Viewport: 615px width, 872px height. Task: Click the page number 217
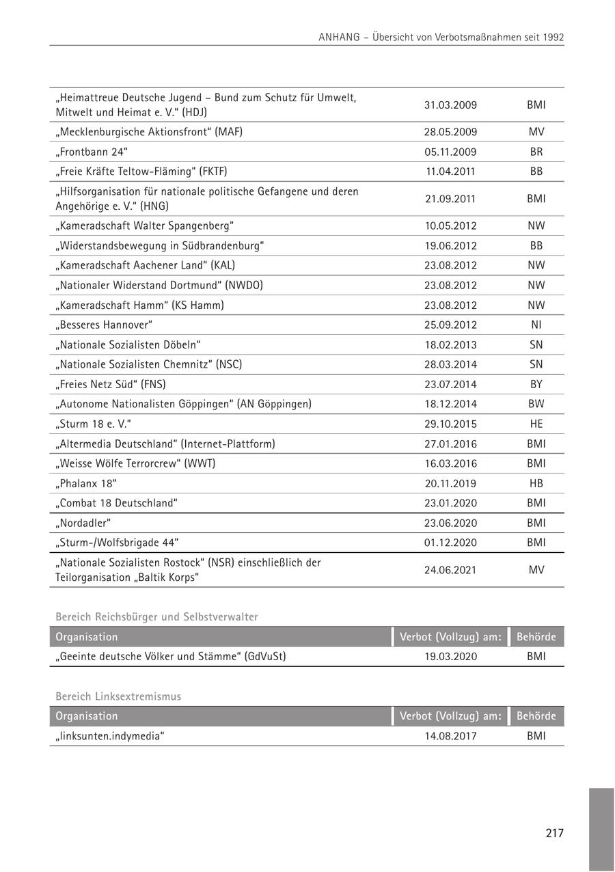tap(554, 833)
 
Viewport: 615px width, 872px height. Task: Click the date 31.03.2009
tap(450, 105)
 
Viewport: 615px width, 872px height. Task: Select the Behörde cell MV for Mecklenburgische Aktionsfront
tap(536, 132)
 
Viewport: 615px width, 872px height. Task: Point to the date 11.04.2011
tap(450, 172)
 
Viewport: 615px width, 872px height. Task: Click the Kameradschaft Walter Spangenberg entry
tap(145, 226)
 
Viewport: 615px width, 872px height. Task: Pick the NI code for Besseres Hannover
tap(536, 325)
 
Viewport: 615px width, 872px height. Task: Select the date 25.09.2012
tap(450, 325)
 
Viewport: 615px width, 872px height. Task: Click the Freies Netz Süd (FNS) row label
tap(111, 384)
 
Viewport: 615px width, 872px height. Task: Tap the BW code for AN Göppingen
tap(536, 404)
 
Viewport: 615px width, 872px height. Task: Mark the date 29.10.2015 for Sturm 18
tap(450, 424)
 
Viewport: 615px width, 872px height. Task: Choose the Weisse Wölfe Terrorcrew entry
tap(135, 463)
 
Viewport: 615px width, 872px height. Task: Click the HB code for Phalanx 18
tap(536, 483)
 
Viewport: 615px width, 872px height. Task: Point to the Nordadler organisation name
tap(83, 523)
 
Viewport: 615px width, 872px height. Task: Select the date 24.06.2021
tap(450, 570)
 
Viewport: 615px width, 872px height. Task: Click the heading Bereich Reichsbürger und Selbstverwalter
tap(156, 617)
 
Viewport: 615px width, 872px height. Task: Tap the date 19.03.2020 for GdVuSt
tap(450, 657)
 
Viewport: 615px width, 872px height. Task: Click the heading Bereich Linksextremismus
tap(118, 696)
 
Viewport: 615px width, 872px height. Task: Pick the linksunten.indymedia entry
tap(110, 736)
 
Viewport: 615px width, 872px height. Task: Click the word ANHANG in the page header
tap(339, 38)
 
